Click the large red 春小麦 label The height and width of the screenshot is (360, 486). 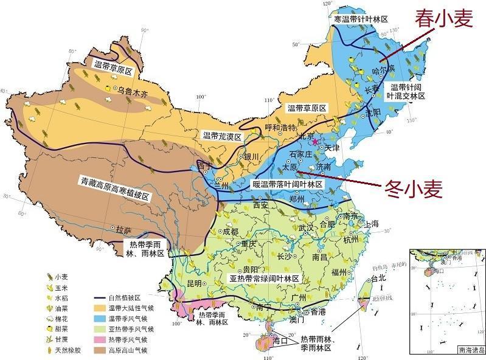tap(443, 20)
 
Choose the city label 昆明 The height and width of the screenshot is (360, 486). tap(193, 284)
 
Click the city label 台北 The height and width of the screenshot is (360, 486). tap(378, 278)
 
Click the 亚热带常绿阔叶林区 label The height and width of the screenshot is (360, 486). tap(264, 278)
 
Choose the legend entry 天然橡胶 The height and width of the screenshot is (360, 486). tap(79, 350)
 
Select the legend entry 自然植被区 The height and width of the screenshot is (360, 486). tap(124, 298)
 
